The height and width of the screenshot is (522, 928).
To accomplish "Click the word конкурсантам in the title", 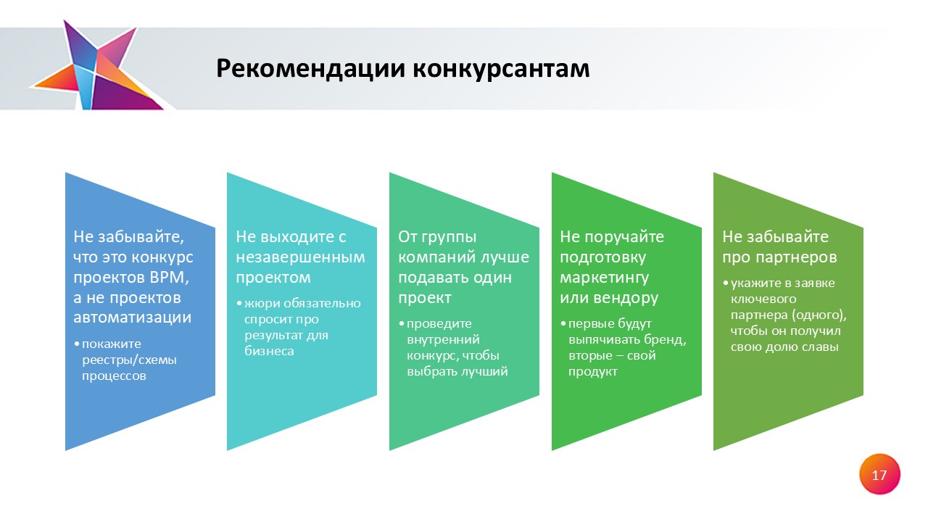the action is click(x=501, y=69).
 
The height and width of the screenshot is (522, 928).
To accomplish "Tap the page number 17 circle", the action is click(x=879, y=474).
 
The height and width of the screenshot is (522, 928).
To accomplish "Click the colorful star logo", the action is click(x=97, y=66).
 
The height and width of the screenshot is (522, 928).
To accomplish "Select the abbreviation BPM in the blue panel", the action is click(x=170, y=277).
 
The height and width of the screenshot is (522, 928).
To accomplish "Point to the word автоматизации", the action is click(x=132, y=318).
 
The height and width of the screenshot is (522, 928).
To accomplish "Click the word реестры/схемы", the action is click(x=129, y=360).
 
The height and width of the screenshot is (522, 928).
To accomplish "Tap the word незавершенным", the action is click(x=300, y=257).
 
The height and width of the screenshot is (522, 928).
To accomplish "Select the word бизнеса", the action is click(x=269, y=352).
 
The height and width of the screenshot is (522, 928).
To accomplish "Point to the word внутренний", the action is click(x=443, y=339).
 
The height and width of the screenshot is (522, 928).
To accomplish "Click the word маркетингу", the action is click(x=604, y=278).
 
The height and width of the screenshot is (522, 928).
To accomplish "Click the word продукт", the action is click(x=593, y=372).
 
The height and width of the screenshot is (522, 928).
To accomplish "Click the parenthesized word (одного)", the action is click(x=819, y=315).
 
